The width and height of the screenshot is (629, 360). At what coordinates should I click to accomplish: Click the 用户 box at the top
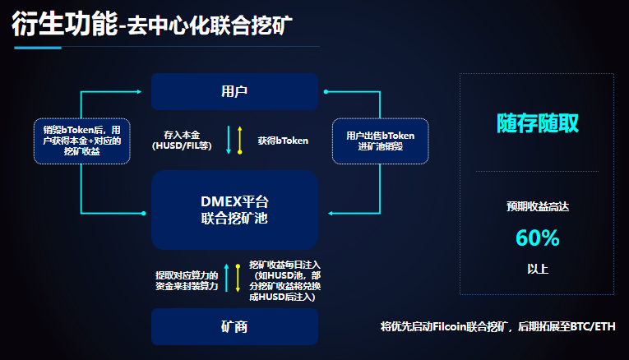234,91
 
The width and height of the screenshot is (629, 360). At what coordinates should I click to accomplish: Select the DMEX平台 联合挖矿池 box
234,210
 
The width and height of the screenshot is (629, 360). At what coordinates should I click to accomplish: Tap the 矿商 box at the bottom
234,326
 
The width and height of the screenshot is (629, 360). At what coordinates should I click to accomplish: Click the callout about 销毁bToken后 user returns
81,141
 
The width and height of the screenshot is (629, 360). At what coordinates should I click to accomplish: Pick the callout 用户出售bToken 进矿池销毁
380,141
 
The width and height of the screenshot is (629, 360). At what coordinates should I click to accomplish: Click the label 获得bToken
282,141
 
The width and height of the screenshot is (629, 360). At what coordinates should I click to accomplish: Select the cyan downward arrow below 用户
229,141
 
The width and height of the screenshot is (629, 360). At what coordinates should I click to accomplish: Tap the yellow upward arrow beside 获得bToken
239,141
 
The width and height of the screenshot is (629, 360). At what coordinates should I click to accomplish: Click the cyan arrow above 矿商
227,279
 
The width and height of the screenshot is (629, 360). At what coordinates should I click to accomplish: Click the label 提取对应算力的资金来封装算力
187,279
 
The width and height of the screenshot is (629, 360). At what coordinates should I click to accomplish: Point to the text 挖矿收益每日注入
285,265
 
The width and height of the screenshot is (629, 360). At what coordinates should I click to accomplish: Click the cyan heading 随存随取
537,123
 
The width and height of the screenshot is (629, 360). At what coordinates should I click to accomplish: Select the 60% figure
537,238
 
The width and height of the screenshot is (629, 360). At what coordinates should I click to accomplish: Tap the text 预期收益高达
537,207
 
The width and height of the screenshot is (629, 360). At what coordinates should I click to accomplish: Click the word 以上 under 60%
537,269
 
